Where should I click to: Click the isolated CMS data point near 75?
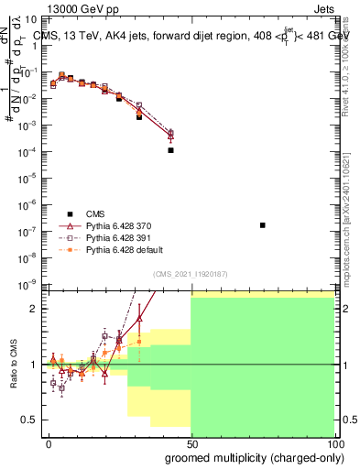coord(263,224)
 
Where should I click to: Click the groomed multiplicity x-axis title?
coord(249,456)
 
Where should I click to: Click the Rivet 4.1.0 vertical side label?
coord(352,69)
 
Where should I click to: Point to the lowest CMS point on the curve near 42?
coord(171,150)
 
